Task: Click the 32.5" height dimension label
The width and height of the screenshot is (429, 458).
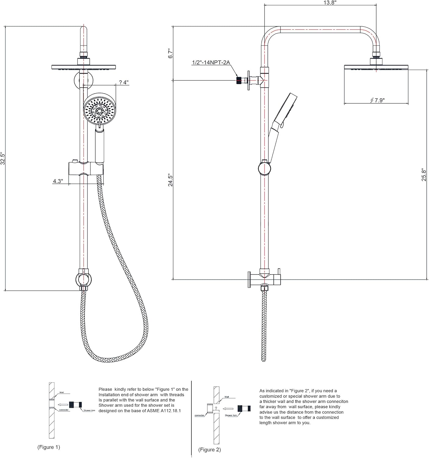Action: click(3, 158)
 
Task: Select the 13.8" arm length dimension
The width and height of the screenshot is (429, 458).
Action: click(321, 2)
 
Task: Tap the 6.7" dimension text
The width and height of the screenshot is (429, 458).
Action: click(171, 53)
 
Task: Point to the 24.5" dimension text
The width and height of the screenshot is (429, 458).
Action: click(170, 180)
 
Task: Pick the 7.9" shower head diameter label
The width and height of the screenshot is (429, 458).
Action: click(377, 100)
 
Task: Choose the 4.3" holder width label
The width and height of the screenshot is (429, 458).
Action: click(58, 181)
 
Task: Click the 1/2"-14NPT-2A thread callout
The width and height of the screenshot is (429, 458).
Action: click(211, 63)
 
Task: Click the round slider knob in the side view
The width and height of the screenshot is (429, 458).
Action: click(264, 168)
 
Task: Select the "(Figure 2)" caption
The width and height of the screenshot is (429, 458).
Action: click(210, 449)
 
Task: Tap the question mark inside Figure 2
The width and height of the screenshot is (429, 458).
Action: click(216, 408)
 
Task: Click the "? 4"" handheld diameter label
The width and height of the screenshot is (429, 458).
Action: click(124, 82)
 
